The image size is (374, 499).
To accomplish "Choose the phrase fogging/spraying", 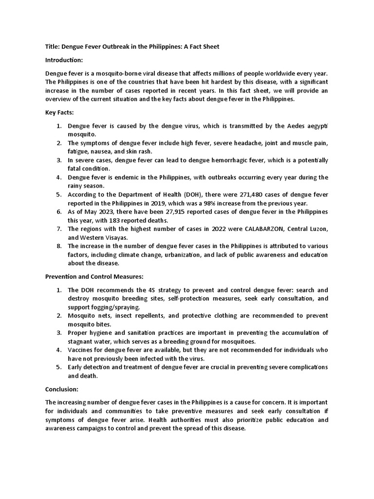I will click(x=116, y=307).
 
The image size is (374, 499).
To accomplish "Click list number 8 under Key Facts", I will click(x=59, y=247).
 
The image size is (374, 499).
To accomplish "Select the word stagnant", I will click(x=81, y=342).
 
